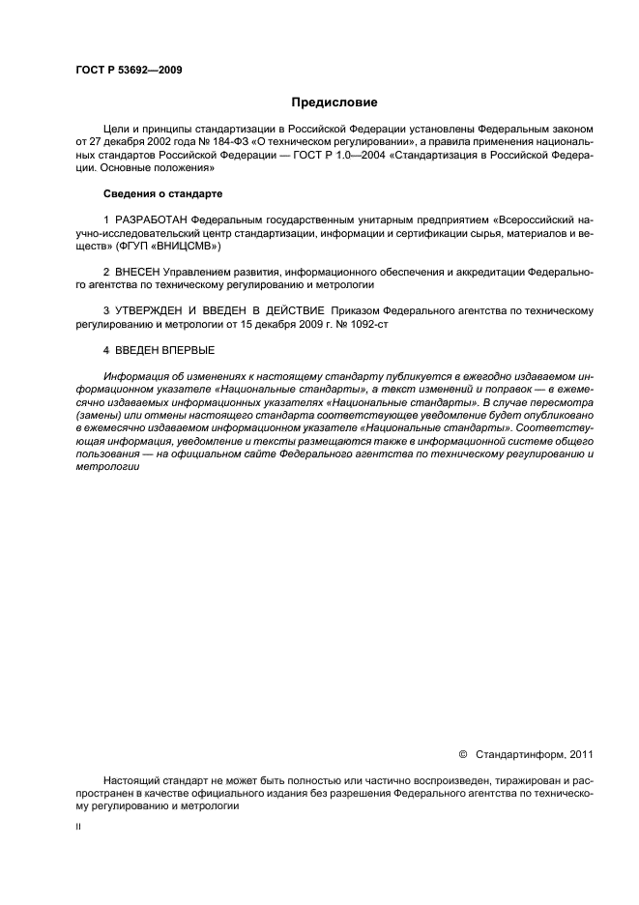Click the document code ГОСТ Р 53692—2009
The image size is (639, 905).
128,70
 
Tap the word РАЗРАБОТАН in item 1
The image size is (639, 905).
151,220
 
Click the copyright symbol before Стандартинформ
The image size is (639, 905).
462,755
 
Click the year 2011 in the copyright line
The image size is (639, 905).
582,755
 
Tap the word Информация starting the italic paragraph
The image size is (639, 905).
136,375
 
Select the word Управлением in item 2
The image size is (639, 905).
198,273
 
